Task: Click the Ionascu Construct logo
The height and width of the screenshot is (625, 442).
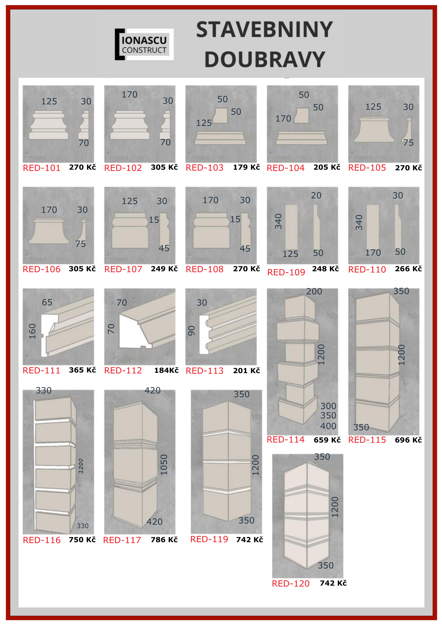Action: pos(144,44)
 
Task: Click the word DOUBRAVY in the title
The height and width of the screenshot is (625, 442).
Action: pos(265,59)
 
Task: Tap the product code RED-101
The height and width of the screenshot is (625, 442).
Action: pos(42,168)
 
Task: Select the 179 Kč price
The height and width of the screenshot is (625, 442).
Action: pos(246,167)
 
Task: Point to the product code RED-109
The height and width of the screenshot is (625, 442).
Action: pos(286,272)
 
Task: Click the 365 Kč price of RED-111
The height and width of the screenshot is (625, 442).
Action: pos(82,370)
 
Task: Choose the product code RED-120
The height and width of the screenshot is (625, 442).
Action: pos(291,583)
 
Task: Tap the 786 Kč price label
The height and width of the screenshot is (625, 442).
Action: pos(164,540)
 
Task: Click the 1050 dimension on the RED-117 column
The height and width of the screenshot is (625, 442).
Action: pos(164,465)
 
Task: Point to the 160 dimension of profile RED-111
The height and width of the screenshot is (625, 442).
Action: pos(33,331)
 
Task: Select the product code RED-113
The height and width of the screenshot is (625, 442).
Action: pos(205,371)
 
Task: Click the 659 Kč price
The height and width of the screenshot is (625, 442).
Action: pos(327,440)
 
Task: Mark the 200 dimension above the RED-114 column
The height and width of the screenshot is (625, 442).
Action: pos(314,291)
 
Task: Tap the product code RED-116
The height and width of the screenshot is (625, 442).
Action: pos(42,540)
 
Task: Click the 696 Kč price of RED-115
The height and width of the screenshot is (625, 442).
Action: pos(408,440)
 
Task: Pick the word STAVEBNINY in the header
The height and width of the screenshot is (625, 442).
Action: pos(264,30)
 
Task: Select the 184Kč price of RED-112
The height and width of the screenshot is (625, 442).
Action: pos(166,371)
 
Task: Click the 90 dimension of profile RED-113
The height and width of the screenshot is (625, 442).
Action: pos(192,331)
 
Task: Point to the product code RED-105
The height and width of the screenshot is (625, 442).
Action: pos(367,168)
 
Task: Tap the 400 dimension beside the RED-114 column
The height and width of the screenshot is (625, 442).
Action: pos(328,426)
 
